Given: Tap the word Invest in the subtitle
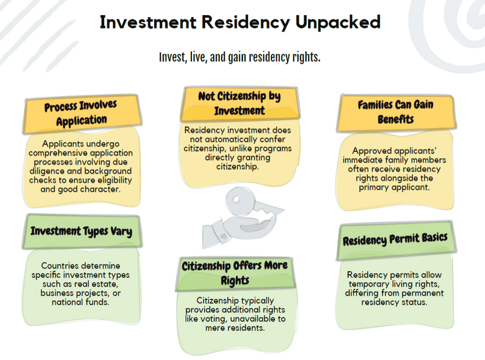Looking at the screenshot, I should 172,57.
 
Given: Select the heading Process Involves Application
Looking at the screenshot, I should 81,112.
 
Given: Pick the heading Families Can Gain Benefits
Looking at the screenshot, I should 395,111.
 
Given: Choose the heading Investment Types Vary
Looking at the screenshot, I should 81,231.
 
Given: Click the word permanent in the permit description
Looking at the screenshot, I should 425,292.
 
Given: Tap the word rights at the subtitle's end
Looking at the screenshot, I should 306,57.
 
